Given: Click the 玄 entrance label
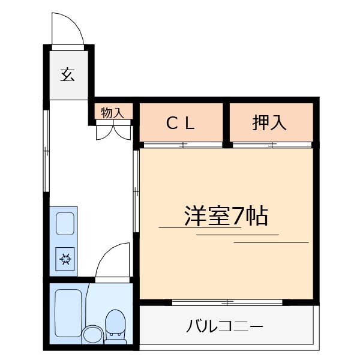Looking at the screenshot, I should click(67, 75).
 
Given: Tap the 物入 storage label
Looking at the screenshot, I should click(112, 113).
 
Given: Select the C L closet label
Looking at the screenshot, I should click(181, 123).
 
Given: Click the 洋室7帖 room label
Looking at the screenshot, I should click(226, 215).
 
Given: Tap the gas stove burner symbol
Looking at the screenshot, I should click(65, 259).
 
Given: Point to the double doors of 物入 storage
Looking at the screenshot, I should click(113, 130).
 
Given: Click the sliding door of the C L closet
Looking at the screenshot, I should click(182, 145).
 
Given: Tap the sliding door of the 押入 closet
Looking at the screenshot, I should click(272, 145).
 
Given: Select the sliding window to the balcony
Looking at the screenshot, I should click(227, 302).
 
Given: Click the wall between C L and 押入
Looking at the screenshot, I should click(227, 122).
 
